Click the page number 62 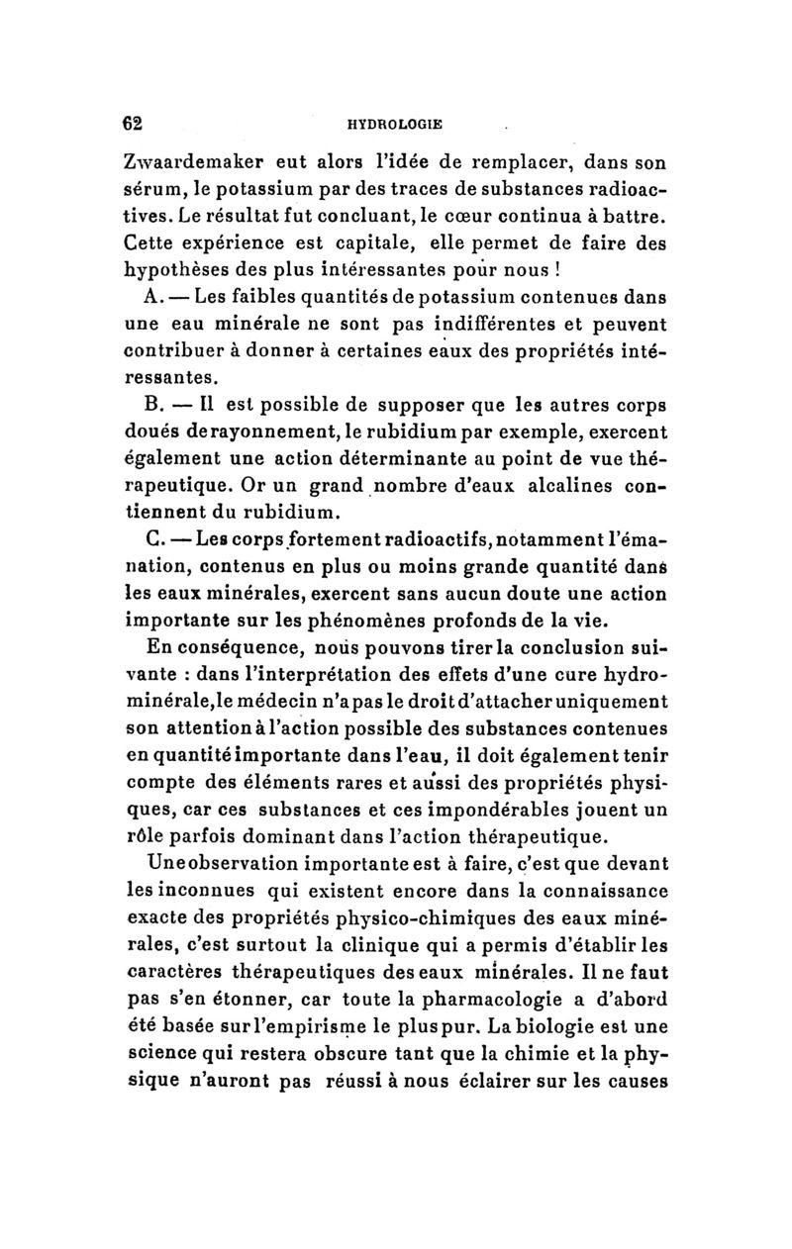tap(133, 125)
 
